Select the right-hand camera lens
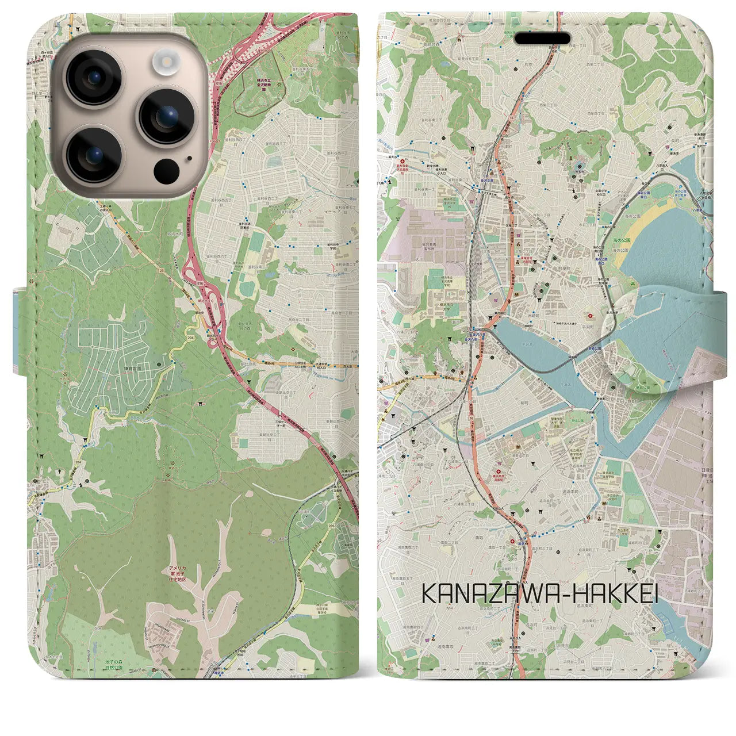[x=166, y=116]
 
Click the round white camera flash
[x=167, y=60]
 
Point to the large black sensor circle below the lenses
[x=167, y=170]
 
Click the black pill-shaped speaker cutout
[x=542, y=39]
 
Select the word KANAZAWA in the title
[x=495, y=595]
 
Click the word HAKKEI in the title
[x=616, y=595]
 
